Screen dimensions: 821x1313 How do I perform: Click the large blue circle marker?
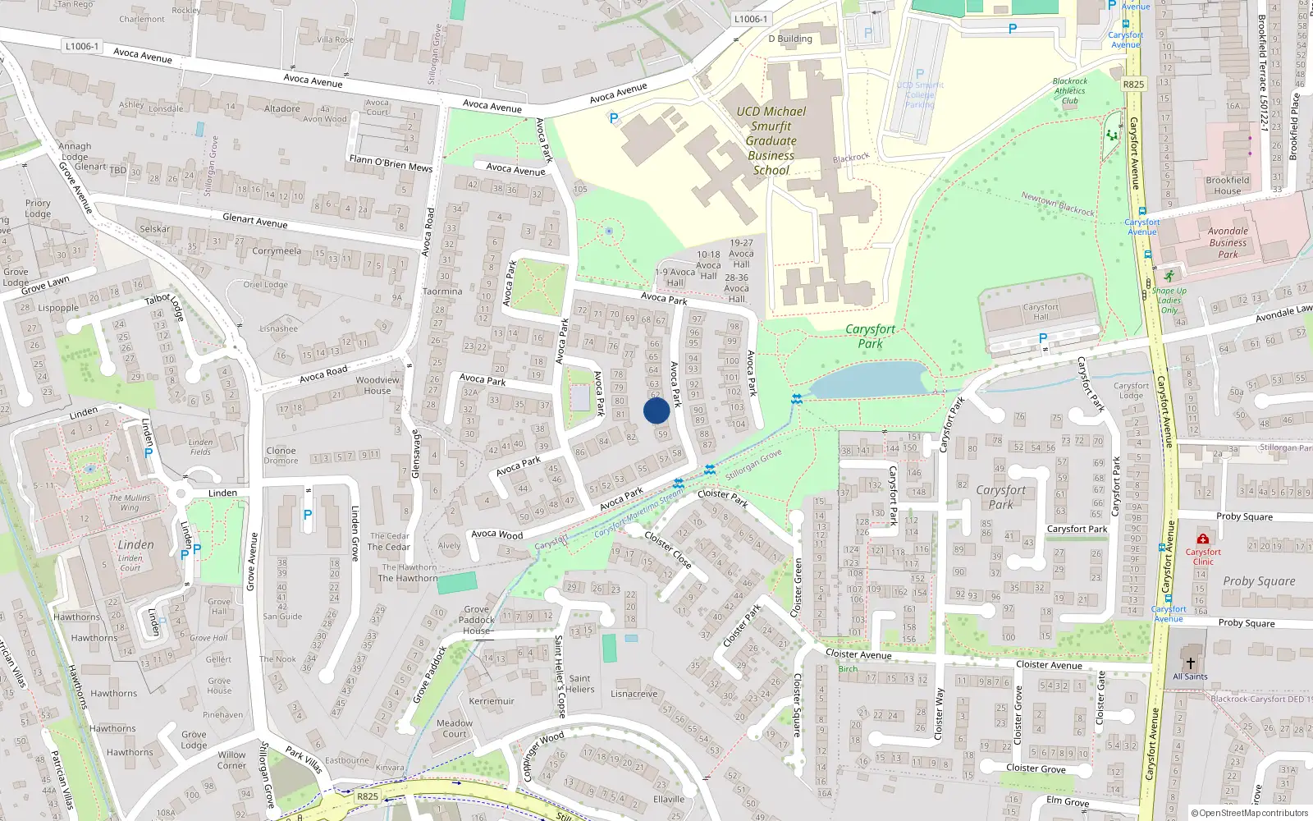[656, 410]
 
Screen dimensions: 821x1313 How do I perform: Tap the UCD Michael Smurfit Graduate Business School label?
[771, 141]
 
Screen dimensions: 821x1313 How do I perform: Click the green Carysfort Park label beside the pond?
[871, 336]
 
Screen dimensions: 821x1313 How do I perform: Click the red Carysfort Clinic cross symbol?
[1203, 539]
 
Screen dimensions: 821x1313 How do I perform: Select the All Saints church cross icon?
[1190, 663]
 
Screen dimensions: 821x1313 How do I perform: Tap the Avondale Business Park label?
[1228, 242]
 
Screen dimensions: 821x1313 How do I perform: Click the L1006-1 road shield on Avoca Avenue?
[81, 46]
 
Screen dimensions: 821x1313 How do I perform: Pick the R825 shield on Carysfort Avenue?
[1133, 84]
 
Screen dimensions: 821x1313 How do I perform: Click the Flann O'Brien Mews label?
[391, 163]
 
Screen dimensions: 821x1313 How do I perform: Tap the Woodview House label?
[377, 385]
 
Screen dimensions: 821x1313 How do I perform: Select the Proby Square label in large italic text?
[1259, 581]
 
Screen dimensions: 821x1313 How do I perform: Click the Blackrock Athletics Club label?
[1070, 91]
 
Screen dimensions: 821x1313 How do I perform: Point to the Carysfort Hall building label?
[1041, 312]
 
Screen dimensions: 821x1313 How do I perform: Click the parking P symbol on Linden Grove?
[308, 515]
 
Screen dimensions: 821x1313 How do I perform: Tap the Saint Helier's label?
[579, 684]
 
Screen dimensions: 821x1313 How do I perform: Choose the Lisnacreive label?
[634, 694]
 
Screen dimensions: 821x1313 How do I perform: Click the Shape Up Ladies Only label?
[1169, 300]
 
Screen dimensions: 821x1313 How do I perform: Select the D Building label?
[789, 39]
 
